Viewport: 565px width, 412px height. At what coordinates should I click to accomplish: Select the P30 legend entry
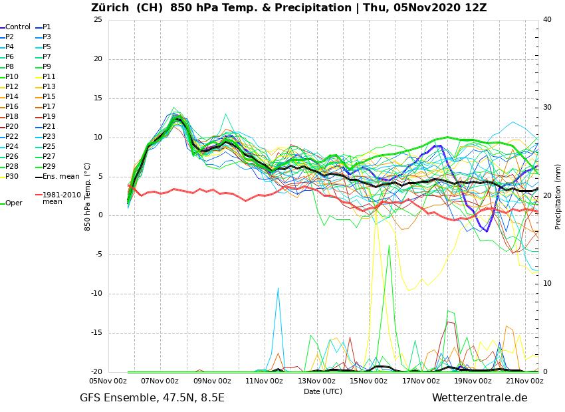click(12, 177)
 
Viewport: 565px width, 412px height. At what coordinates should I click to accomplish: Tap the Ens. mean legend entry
click(60, 177)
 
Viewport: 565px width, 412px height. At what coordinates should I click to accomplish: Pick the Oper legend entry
click(13, 203)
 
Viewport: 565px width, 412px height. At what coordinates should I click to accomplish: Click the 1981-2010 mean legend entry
click(61, 199)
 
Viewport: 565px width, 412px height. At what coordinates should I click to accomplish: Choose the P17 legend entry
click(49, 107)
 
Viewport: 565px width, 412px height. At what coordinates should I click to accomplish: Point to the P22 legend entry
click(12, 137)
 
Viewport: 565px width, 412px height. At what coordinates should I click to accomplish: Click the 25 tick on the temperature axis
click(98, 20)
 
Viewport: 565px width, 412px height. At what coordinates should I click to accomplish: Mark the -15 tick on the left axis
click(96, 334)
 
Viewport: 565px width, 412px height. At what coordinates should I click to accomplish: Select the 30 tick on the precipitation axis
click(547, 108)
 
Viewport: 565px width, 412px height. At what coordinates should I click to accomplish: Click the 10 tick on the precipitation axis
click(547, 284)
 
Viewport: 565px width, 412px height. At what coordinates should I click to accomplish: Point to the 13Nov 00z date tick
click(316, 381)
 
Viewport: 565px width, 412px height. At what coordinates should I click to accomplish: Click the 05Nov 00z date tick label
click(108, 381)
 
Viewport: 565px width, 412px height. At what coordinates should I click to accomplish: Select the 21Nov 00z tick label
click(524, 381)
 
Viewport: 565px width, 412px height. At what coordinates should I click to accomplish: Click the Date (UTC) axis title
click(323, 392)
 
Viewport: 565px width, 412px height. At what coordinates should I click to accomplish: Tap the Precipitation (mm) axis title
click(558, 197)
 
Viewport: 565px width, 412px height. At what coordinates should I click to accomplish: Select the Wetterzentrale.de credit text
click(479, 398)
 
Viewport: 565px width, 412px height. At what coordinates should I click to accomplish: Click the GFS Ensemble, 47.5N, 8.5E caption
click(152, 398)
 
